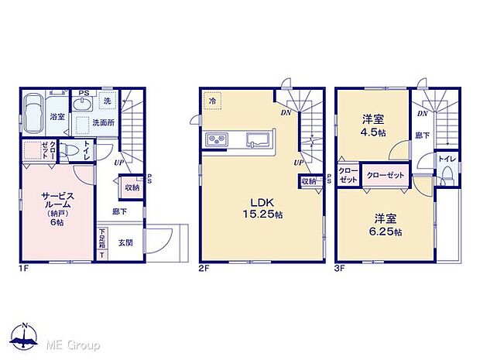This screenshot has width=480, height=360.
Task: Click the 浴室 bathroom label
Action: click(x=57, y=117)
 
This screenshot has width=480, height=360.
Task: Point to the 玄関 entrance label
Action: click(x=125, y=243)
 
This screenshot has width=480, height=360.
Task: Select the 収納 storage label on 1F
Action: click(x=131, y=187)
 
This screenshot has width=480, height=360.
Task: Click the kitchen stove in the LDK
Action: click(x=216, y=140)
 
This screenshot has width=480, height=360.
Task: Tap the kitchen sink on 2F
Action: click(x=255, y=141)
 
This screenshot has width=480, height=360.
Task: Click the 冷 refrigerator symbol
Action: click(x=211, y=98)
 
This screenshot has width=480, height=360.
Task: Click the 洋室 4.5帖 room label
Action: click(x=375, y=125)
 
